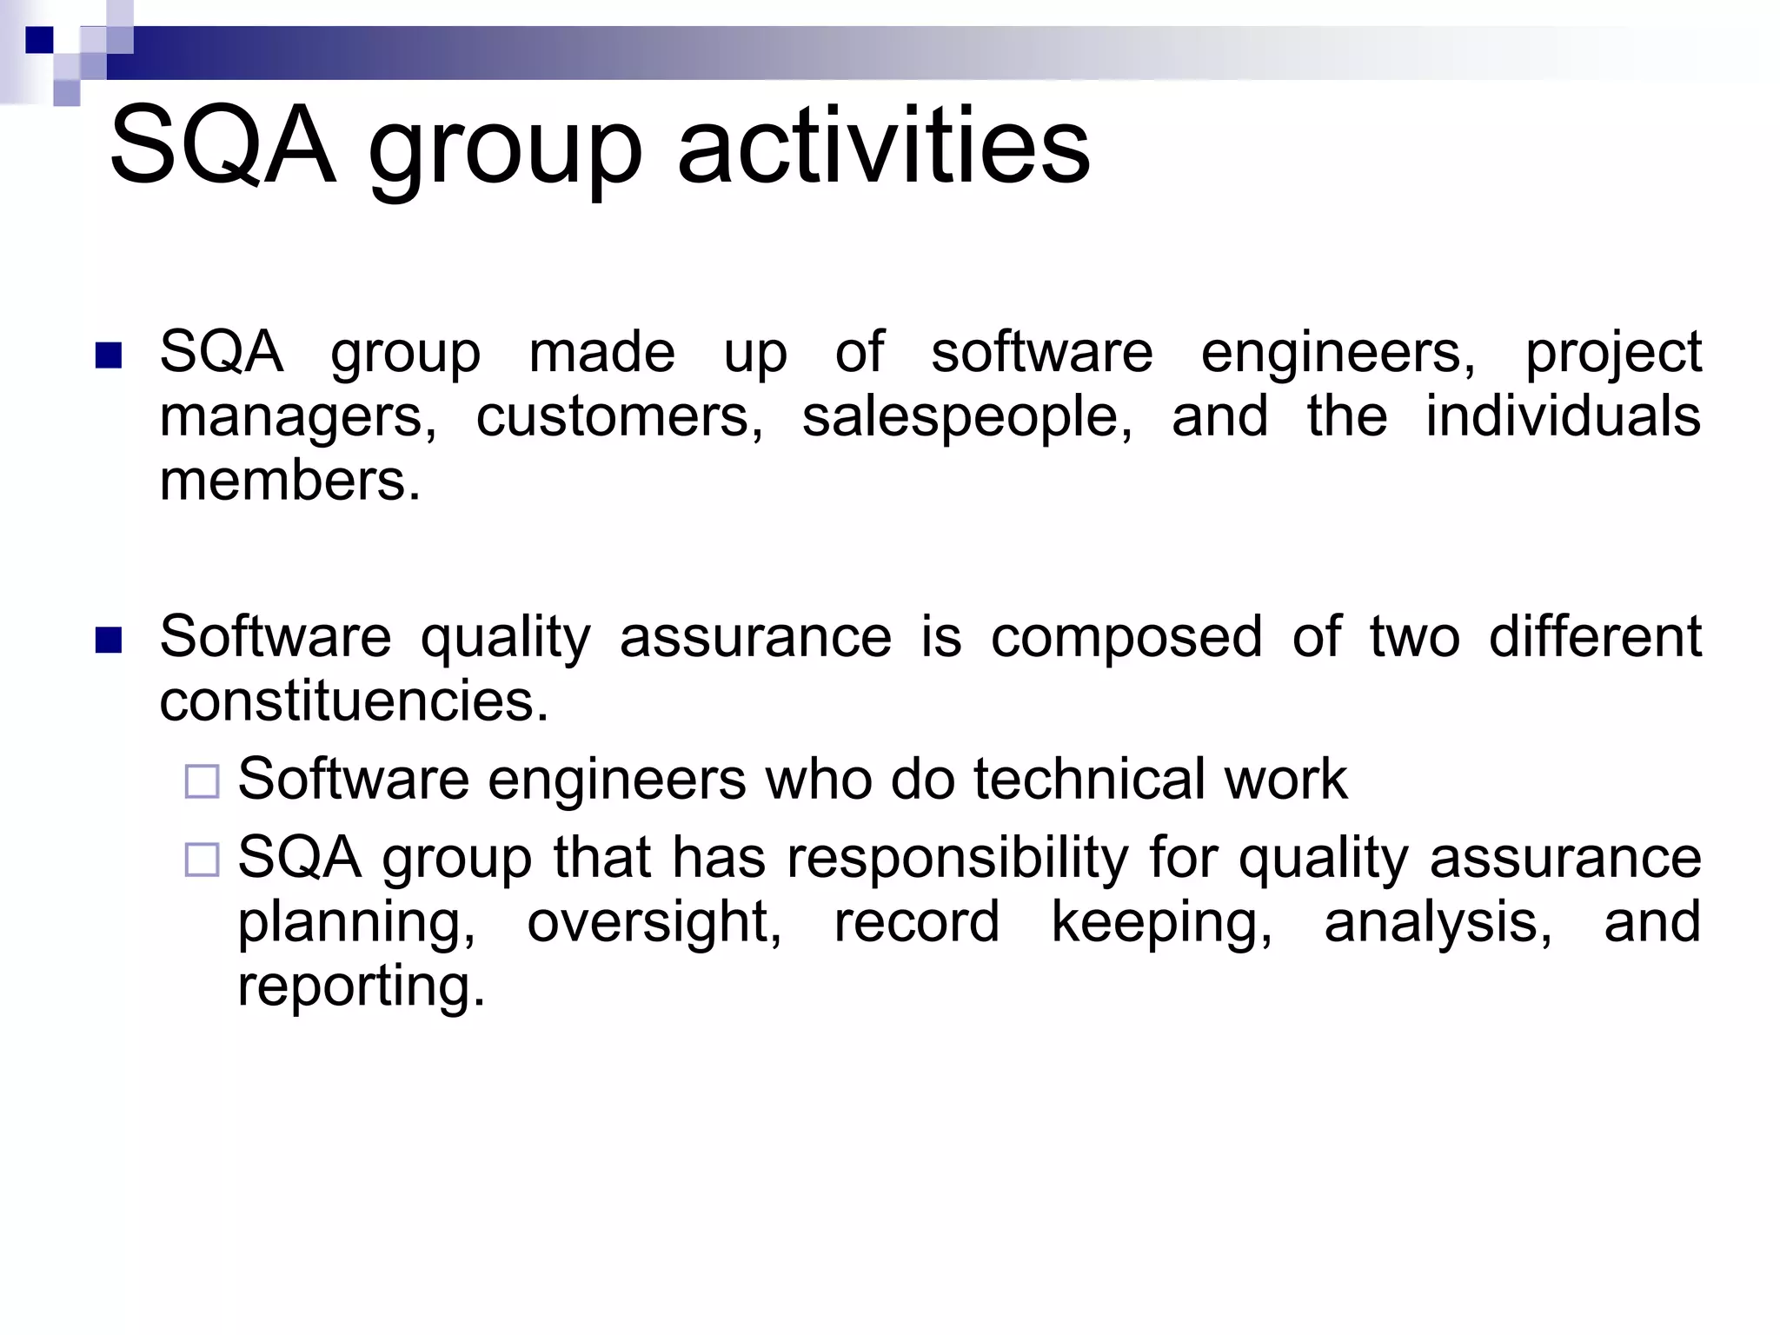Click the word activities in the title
[x=882, y=145]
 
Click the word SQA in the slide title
[x=222, y=145]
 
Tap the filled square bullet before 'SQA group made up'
[x=108, y=355]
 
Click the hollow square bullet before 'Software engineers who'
[x=202, y=781]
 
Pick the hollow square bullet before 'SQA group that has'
[x=202, y=860]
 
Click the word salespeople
[x=966, y=417]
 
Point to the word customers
[x=619, y=417]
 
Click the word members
[x=289, y=481]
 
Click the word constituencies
[x=354, y=701]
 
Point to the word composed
[x=1126, y=638]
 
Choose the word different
[x=1595, y=636]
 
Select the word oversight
[x=654, y=923]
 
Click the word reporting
[x=361, y=987]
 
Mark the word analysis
[x=1438, y=923]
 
